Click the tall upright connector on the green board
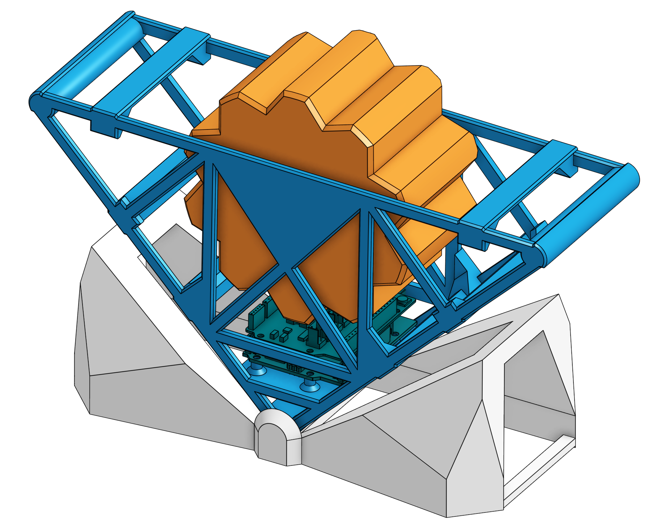(x=312, y=336)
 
